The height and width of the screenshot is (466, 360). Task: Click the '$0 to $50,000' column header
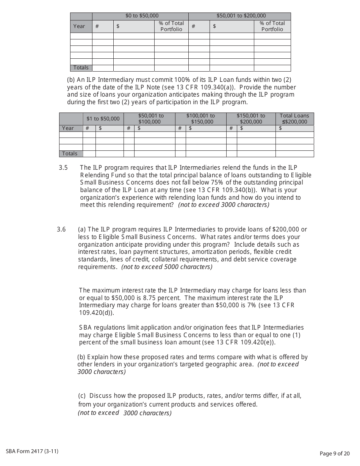point(142,16)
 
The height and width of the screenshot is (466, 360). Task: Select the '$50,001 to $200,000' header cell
point(241,16)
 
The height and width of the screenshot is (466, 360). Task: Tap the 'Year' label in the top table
point(79,26)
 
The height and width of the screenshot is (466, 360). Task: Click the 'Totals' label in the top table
point(81,67)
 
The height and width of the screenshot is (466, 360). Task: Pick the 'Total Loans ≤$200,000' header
point(294,119)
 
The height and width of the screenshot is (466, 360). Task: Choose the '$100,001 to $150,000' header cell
point(200,119)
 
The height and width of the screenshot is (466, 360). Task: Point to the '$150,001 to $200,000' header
point(251,119)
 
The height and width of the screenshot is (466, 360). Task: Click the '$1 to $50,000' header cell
point(103,119)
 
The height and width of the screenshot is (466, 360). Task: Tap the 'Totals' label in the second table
point(70,153)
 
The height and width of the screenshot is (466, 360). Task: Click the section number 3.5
point(63,167)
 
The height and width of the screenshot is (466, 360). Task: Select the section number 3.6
point(61,229)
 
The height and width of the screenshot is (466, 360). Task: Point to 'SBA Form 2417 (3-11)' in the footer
point(32,451)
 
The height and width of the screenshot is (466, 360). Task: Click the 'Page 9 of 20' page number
point(335,453)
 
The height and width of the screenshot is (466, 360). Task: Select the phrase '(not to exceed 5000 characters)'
point(167,267)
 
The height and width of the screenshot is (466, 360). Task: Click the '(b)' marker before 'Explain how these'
point(81,357)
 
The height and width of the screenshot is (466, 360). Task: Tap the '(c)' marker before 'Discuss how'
point(82,396)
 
